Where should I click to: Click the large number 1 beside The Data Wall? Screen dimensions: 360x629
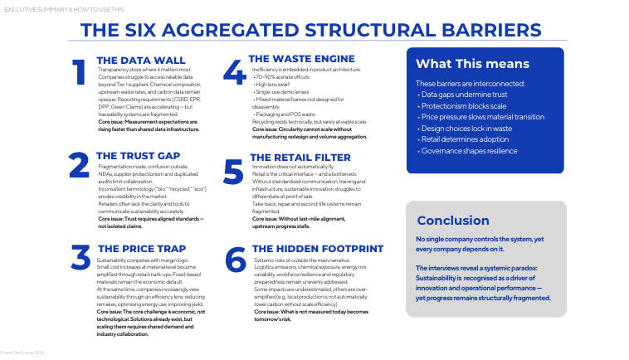click(80, 72)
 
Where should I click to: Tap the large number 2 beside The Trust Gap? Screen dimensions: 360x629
click(80, 166)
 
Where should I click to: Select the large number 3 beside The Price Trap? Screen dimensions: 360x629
click(80, 259)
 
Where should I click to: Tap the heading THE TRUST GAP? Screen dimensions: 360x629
click(138, 155)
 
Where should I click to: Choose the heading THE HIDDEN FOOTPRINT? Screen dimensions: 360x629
click(317, 248)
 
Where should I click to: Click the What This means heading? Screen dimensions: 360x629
click(472, 64)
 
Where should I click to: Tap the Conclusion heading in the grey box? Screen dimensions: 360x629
click(453, 221)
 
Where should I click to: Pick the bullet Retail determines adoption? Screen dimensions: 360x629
click(463, 140)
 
